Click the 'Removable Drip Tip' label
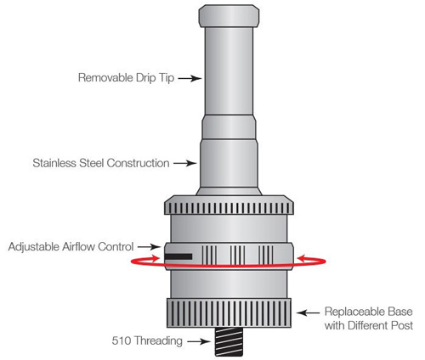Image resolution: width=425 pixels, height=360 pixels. click(126, 77)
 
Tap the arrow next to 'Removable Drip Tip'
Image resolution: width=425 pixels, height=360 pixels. click(190, 78)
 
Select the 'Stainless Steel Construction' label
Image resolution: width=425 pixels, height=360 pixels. click(101, 163)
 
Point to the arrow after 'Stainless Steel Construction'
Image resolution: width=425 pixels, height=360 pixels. click(185, 163)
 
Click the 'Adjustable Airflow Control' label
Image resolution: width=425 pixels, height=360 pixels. click(71, 246)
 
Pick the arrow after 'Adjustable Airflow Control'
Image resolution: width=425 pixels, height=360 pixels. click(149, 247)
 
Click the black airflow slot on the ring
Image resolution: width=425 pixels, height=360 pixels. click(178, 256)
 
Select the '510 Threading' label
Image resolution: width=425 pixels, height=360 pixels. click(147, 340)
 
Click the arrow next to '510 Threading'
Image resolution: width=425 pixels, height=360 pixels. click(199, 341)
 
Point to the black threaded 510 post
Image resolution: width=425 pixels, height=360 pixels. click(229, 341)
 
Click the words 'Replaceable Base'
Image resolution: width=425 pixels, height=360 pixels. click(369, 312)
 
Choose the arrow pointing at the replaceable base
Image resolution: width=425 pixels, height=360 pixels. click(308, 312)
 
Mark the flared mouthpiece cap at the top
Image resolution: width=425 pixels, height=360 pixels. click(229, 16)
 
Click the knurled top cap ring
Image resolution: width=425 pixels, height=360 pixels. click(229, 205)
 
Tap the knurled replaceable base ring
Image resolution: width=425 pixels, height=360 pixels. click(229, 312)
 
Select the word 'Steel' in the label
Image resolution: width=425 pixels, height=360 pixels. click(92, 163)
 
